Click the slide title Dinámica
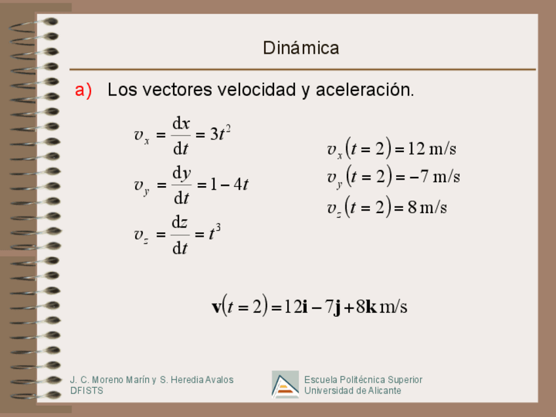coord(301,48)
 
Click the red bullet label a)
coord(83,90)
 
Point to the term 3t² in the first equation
coord(220,134)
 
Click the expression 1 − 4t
coord(228,184)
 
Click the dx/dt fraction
coord(181,135)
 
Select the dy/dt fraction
coord(181,185)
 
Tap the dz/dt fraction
coord(180,235)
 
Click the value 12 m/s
coord(432,149)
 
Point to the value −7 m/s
coord(435,176)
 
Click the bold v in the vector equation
coord(217,307)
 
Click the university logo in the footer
coord(285,385)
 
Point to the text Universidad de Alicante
coord(352,391)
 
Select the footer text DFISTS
coord(87,391)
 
